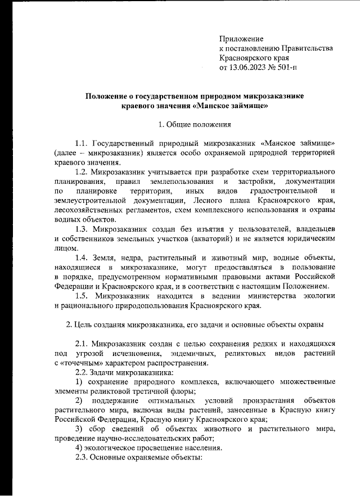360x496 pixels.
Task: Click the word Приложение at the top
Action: point(241,39)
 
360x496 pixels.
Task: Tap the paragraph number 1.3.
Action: point(83,229)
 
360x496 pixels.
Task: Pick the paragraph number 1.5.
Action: point(84,296)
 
